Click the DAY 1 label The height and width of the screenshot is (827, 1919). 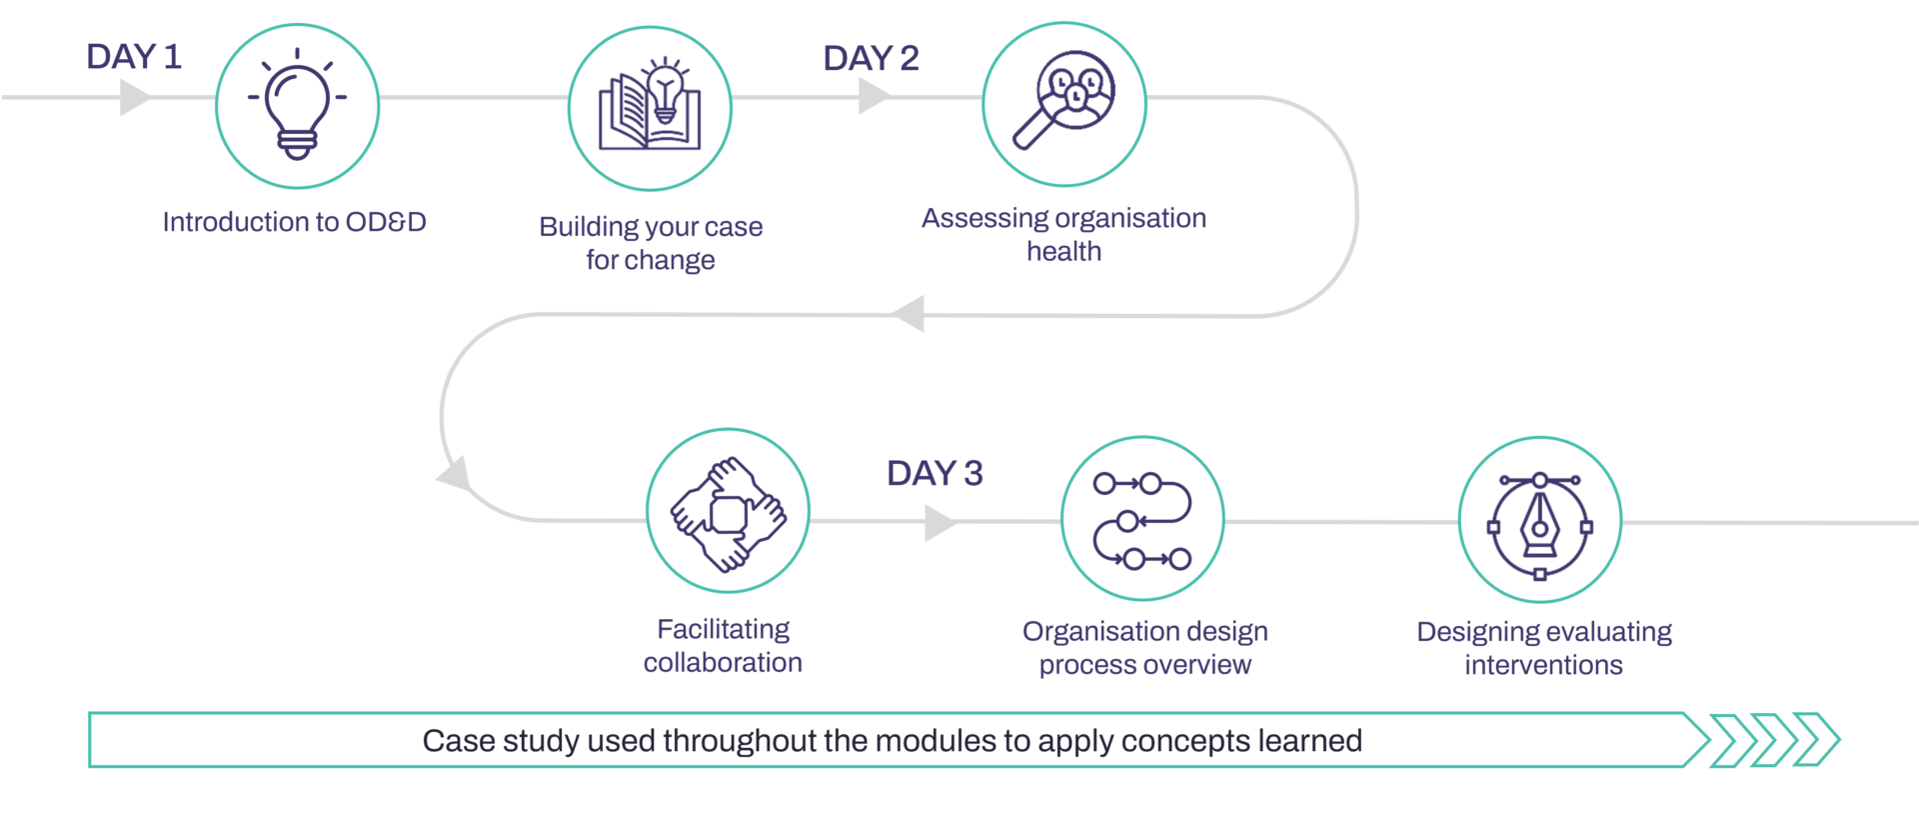(x=134, y=57)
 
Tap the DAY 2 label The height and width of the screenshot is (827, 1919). (x=871, y=58)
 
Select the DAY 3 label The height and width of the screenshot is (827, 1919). (x=935, y=473)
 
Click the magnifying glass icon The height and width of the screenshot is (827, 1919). (x=1064, y=100)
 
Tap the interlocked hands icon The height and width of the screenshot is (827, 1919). (x=728, y=514)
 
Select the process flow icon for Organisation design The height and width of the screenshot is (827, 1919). (x=1142, y=521)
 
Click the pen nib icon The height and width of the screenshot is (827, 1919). (x=1540, y=526)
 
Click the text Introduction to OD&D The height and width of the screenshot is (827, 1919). (x=295, y=222)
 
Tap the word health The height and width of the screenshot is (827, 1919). (x=1064, y=251)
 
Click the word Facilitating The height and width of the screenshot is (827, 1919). (x=724, y=630)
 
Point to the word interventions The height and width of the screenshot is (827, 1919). (x=1544, y=665)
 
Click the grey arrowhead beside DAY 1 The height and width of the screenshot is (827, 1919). (x=135, y=97)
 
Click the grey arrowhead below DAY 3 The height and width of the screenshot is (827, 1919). (x=941, y=522)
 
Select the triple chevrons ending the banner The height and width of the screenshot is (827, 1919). (x=1775, y=740)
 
